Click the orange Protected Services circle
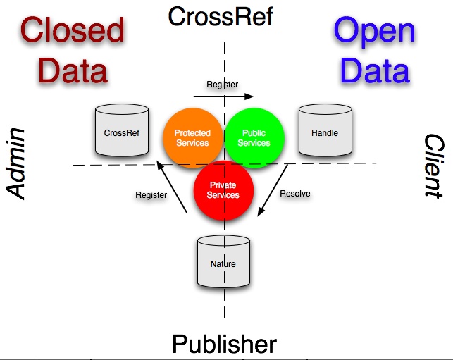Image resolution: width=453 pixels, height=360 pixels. (192, 137)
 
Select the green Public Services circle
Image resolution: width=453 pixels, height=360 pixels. (254, 137)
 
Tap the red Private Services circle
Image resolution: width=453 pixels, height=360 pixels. (223, 190)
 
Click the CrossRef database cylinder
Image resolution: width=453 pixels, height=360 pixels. (121, 130)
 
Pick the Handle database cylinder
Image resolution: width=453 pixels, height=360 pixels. (324, 130)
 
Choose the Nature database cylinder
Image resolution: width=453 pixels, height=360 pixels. (223, 262)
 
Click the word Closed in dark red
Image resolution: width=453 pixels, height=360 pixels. (72, 30)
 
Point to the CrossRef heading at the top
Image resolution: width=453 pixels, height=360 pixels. (220, 16)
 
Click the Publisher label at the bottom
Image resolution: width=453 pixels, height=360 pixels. (224, 345)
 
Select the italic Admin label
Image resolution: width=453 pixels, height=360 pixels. (17, 163)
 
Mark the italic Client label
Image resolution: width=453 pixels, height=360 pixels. (433, 166)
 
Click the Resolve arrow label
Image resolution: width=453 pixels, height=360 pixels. (295, 193)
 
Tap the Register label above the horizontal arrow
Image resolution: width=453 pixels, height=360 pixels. (222, 85)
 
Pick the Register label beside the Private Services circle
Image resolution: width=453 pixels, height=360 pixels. (151, 195)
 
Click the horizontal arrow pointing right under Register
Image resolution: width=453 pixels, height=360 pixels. (223, 95)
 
